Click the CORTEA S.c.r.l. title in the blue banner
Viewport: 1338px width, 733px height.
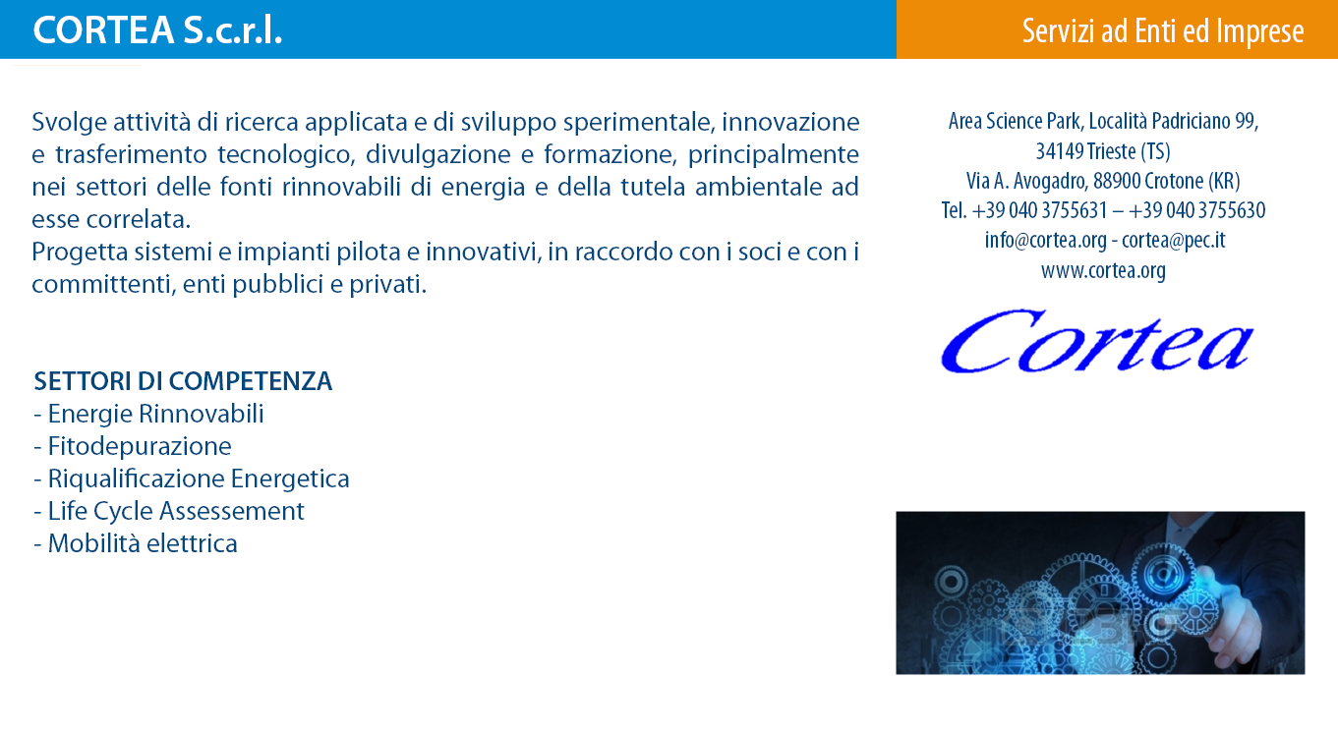[x=157, y=30]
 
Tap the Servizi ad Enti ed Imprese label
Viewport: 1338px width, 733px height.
[x=1162, y=31]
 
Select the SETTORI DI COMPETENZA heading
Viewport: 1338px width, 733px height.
[x=183, y=381]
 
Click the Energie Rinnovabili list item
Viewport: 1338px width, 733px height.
[x=148, y=414]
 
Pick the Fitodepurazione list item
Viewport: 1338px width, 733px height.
[x=133, y=446]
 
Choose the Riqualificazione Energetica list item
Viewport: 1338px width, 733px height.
[x=192, y=479]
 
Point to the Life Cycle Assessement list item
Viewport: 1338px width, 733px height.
[x=169, y=511]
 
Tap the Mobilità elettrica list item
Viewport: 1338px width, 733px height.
[x=136, y=543]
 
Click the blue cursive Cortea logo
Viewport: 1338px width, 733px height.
[x=1097, y=341]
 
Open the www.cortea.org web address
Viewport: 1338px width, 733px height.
[x=1103, y=270]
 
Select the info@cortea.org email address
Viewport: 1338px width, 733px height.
[x=1045, y=240]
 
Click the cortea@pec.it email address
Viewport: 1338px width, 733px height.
[x=1173, y=240]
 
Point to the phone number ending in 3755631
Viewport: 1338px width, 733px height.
[x=1040, y=210]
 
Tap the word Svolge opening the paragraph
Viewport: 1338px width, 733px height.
[x=69, y=123]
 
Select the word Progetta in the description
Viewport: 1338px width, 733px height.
[x=80, y=253]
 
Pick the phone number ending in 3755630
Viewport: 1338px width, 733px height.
[x=1196, y=210]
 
